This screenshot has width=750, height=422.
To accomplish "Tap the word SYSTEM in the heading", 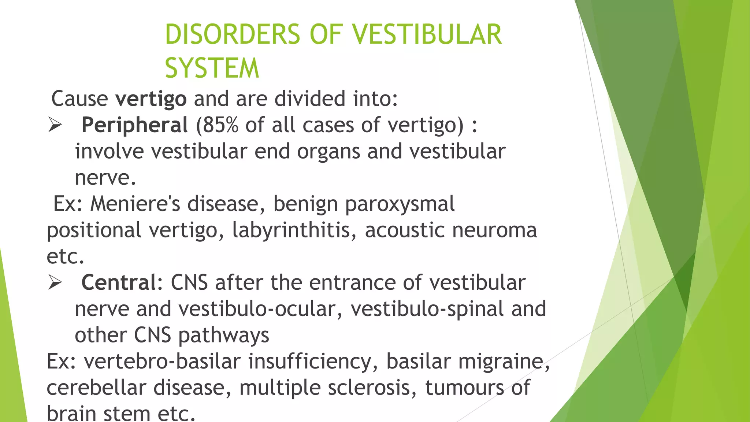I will click(x=212, y=68).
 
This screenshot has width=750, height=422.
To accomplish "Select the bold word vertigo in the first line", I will click(x=151, y=99).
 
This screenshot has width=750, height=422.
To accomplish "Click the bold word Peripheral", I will click(x=134, y=125).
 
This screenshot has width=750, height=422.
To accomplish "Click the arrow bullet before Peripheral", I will click(x=55, y=126).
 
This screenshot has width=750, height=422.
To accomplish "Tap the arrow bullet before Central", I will click(x=55, y=283).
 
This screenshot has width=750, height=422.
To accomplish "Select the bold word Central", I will click(x=119, y=282).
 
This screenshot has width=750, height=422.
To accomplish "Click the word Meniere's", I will click(x=135, y=204).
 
